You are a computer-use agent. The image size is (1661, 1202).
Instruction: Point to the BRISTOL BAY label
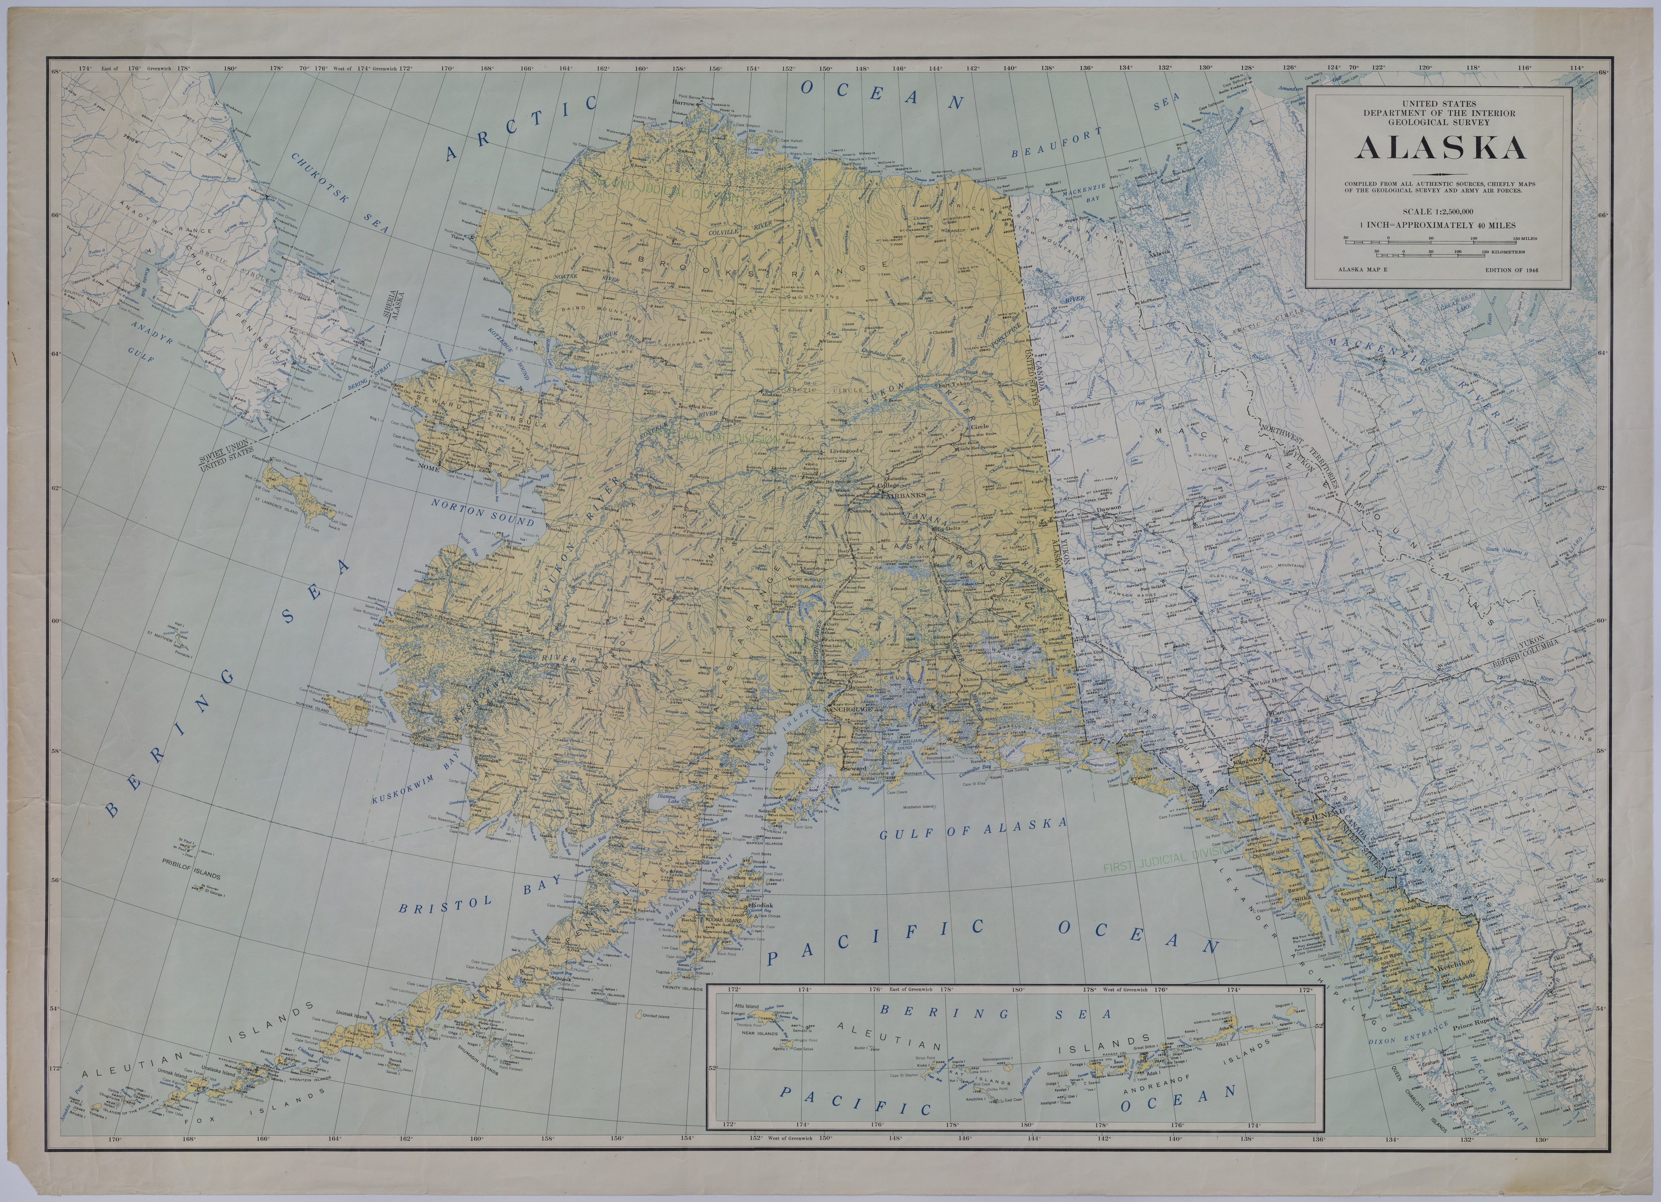tap(480, 895)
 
